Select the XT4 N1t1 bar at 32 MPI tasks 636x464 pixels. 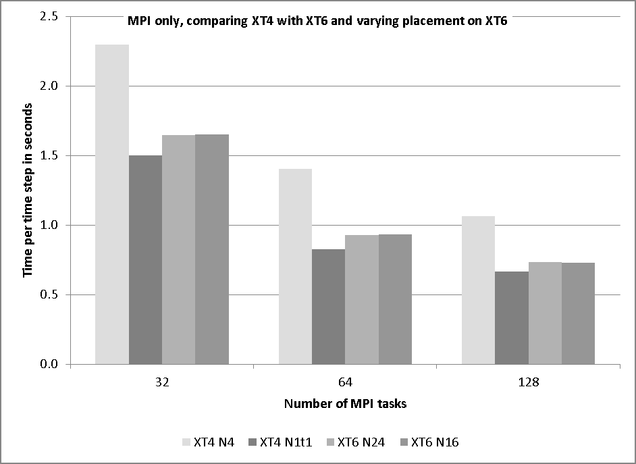pos(145,260)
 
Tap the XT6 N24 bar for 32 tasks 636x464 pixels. pos(179,250)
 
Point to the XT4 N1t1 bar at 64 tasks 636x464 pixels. pos(329,307)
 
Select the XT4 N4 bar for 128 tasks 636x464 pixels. pos(478,290)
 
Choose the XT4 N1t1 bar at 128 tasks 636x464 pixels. pos(512,318)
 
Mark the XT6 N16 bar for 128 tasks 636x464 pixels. pos(578,313)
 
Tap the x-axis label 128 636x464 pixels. pos(528,382)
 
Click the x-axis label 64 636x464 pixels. pos(345,382)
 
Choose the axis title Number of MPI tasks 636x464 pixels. pos(345,404)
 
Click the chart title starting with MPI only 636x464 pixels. pos(317,21)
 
